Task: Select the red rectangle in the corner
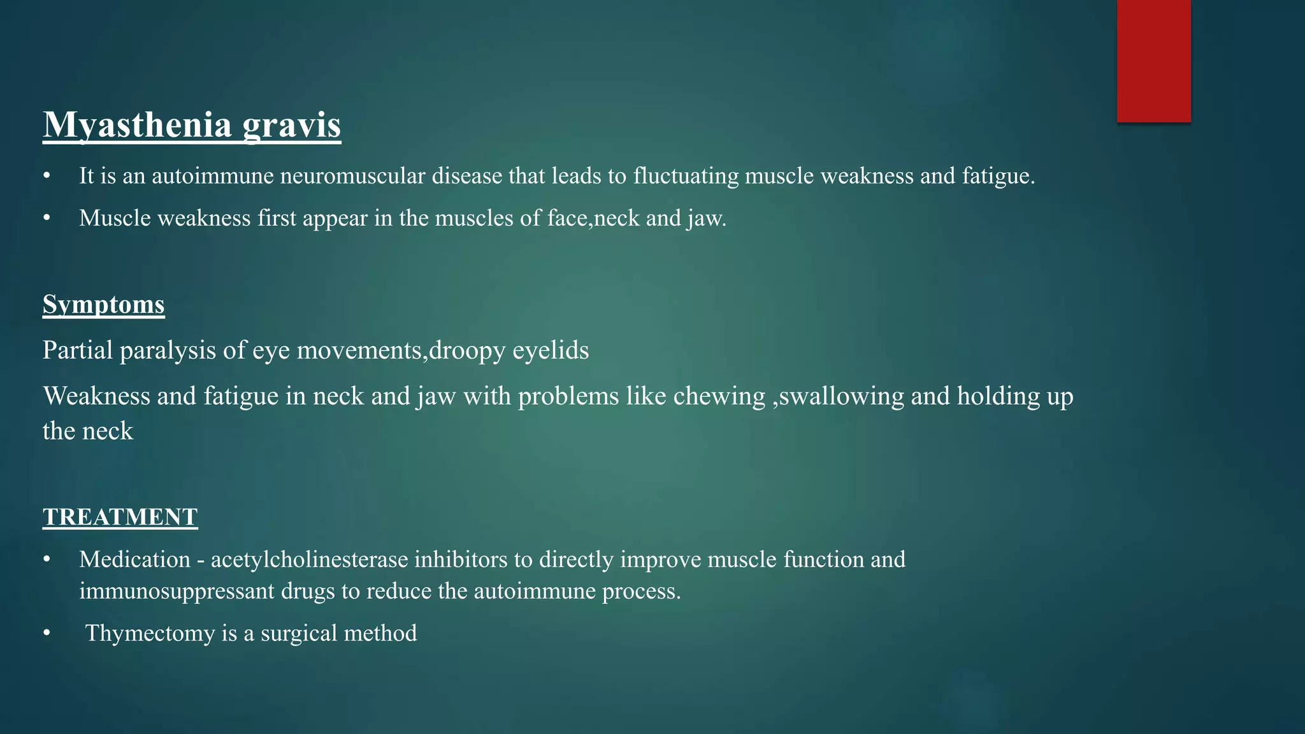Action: tap(1153, 61)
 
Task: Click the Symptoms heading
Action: tap(104, 305)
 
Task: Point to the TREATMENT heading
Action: tap(120, 517)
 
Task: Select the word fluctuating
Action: tap(686, 176)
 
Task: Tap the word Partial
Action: tap(78, 350)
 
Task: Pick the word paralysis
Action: tap(168, 350)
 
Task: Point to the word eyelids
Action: tap(551, 350)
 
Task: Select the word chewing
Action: tap(719, 396)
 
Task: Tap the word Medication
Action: tap(134, 559)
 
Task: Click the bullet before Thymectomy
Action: tap(47, 633)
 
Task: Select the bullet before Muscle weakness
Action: tap(47, 219)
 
